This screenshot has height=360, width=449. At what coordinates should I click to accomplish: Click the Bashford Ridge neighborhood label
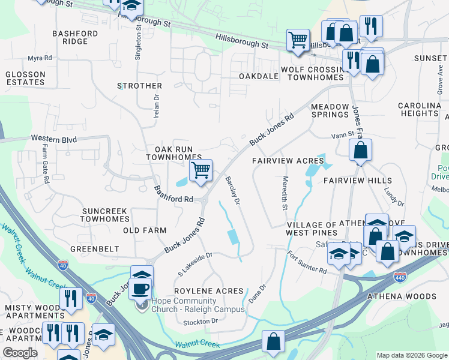pos(79,37)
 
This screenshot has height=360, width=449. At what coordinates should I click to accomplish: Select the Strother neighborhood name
pos(139,86)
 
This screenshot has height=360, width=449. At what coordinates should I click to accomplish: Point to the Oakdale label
pos(259,77)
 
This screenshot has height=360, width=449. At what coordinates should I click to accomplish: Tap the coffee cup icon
pos(140,289)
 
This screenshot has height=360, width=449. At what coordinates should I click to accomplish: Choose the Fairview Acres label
pos(288,161)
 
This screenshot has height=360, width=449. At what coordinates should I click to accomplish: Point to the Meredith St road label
pos(284,193)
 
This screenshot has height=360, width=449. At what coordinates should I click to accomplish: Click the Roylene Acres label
pos(208,291)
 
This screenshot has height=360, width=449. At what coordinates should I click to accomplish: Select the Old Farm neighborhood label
pos(144,230)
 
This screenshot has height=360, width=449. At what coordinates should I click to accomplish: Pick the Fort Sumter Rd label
pos(306,262)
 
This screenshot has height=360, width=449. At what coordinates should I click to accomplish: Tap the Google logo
pos(20,352)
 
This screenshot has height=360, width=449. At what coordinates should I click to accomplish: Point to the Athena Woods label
pos(410,296)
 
